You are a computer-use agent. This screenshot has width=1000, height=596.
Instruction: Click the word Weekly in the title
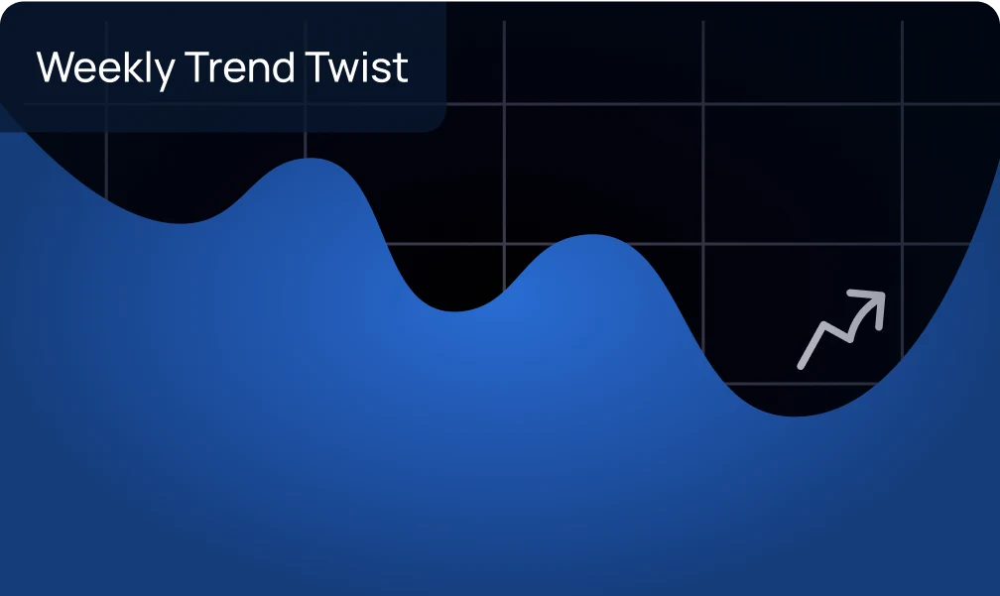point(105,68)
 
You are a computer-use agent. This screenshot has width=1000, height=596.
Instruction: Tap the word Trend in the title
point(239,66)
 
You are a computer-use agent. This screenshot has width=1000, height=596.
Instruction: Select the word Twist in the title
point(356,66)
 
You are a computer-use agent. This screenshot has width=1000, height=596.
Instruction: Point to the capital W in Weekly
point(58,66)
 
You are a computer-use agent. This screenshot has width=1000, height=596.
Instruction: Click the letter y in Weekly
point(165,73)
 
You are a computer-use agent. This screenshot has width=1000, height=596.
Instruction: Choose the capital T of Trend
point(196,66)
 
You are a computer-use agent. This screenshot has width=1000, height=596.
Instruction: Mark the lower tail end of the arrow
point(801,366)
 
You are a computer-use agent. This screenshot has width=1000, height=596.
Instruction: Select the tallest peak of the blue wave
point(311,159)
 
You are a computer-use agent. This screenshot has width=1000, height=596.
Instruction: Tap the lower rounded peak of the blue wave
point(593,235)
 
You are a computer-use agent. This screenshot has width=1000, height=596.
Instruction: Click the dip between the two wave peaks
point(454,311)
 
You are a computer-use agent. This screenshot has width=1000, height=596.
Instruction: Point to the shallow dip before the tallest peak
point(182,222)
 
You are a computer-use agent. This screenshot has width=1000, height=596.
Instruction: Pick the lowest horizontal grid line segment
point(803,384)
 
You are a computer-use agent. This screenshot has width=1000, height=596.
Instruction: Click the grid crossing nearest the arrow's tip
point(903,244)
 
